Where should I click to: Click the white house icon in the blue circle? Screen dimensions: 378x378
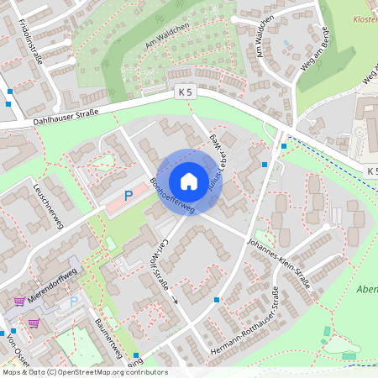(189, 181)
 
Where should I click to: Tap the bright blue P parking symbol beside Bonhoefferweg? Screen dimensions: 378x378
(129, 196)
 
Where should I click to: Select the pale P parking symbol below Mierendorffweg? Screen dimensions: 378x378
(73, 301)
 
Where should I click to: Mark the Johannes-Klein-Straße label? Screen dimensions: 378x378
(280, 262)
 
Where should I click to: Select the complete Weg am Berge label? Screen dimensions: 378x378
(317, 55)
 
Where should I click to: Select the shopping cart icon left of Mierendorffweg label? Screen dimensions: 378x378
(18, 302)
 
